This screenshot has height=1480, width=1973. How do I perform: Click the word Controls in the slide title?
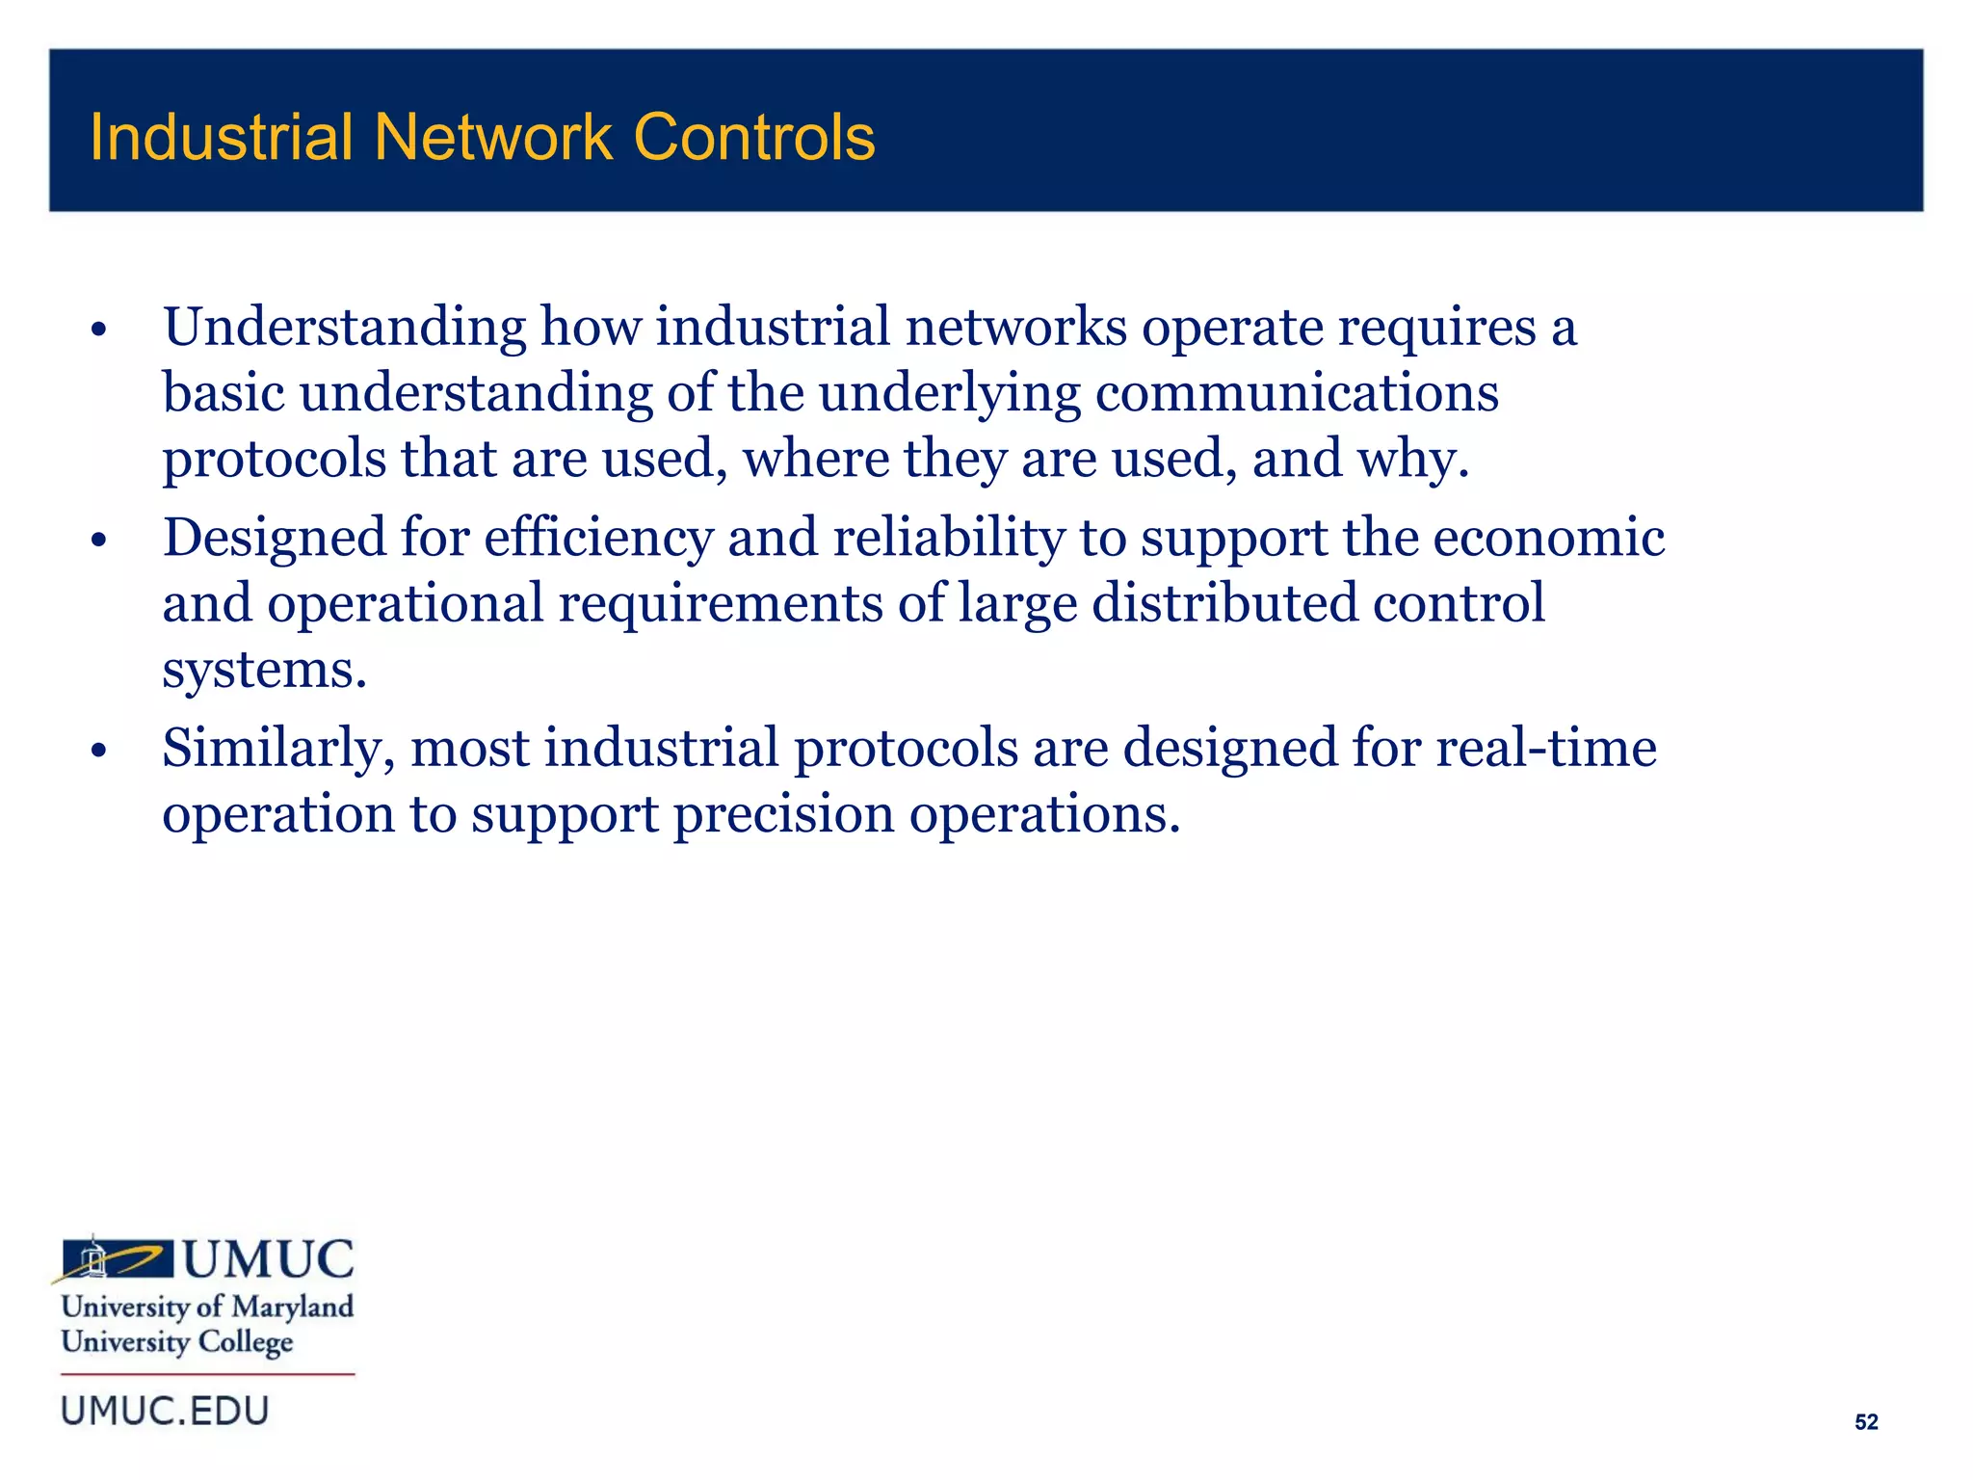tap(754, 138)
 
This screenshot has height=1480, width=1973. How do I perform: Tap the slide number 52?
tap(1866, 1422)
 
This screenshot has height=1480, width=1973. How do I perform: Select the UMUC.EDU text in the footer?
tap(165, 1412)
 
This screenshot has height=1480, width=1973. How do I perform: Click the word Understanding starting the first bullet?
tap(344, 328)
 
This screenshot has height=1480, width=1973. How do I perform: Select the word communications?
tap(1297, 393)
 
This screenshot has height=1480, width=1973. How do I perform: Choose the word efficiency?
tap(598, 538)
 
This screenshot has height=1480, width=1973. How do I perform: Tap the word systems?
tap(264, 670)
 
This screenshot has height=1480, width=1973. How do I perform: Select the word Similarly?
tap(278, 749)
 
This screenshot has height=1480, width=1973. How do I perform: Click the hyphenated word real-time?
tap(1546, 748)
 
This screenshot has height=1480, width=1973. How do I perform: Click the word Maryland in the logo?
tap(293, 1308)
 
